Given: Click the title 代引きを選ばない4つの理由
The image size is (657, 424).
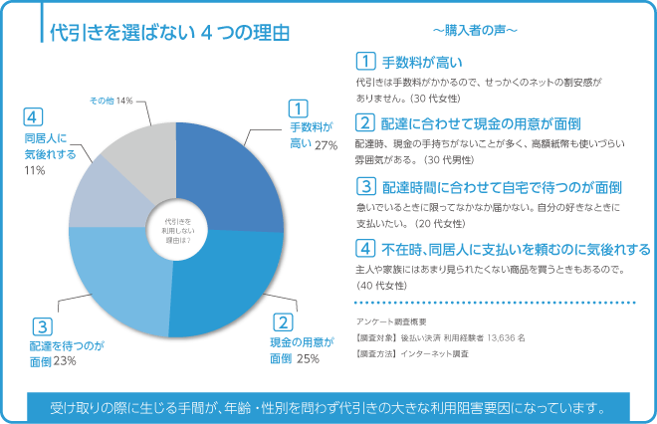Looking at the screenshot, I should coord(169,32).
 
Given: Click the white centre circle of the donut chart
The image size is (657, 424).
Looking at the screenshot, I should coord(176,231).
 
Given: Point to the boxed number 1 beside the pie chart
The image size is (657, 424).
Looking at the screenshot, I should coord(297,107).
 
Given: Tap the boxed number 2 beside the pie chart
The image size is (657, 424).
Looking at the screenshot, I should coord(283,321).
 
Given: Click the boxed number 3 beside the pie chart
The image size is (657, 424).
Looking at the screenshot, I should coord(41,325).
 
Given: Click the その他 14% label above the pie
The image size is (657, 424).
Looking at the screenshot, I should coord(110,102).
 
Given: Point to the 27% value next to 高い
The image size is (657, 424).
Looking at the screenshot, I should coord(326,145).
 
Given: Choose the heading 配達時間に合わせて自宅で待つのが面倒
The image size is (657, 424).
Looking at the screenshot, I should coord(503,186).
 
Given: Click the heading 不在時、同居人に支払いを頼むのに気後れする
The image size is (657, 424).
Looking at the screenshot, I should coord(516,248).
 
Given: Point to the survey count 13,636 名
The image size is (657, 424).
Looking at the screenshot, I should coord(504,336).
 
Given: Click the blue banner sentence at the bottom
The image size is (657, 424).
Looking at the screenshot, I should coord(328,406).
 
